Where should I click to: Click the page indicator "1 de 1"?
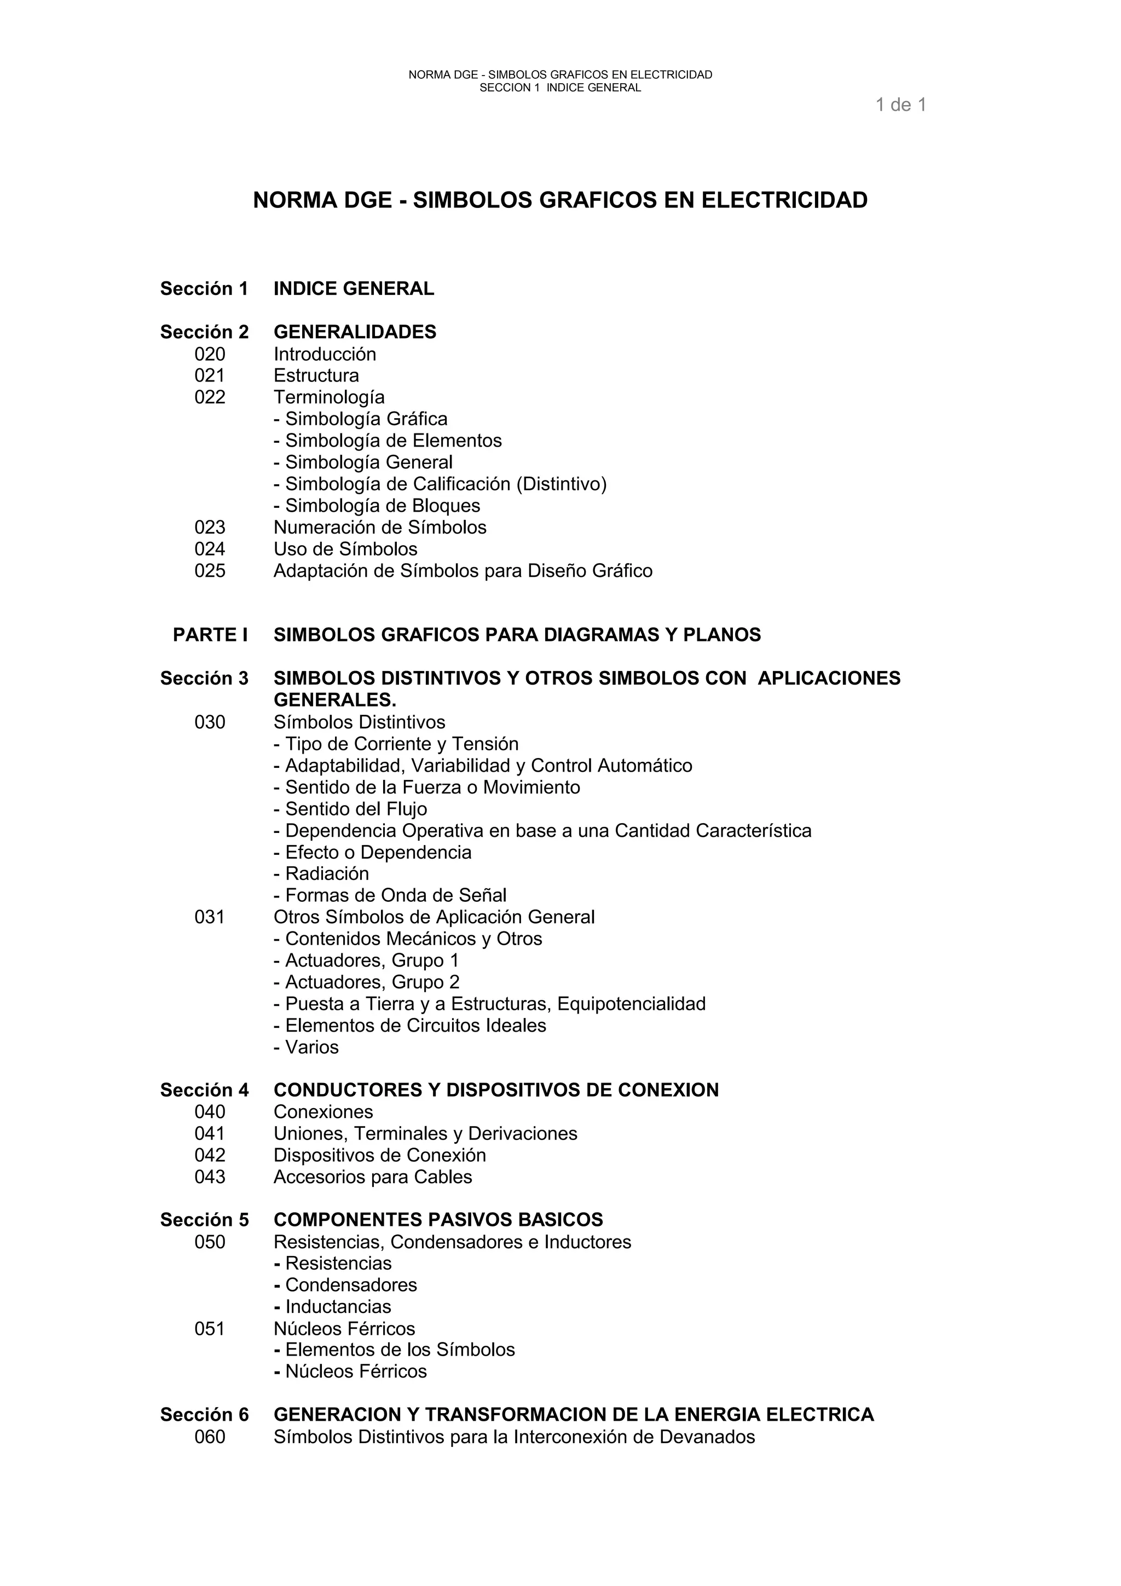pyautogui.click(x=900, y=105)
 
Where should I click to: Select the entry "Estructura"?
pyautogui.click(x=316, y=376)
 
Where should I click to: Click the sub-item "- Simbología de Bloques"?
pyautogui.click(x=377, y=506)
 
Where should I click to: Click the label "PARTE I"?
pyautogui.click(x=210, y=635)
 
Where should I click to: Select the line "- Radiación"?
pyautogui.click(x=321, y=874)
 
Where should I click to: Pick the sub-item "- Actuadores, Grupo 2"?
pyautogui.click(x=366, y=982)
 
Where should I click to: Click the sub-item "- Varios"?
pyautogui.click(x=306, y=1047)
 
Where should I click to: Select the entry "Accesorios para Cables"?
pyautogui.click(x=372, y=1177)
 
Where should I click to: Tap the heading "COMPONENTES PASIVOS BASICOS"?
pyautogui.click(x=438, y=1220)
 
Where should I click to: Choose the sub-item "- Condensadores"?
pyautogui.click(x=345, y=1285)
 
